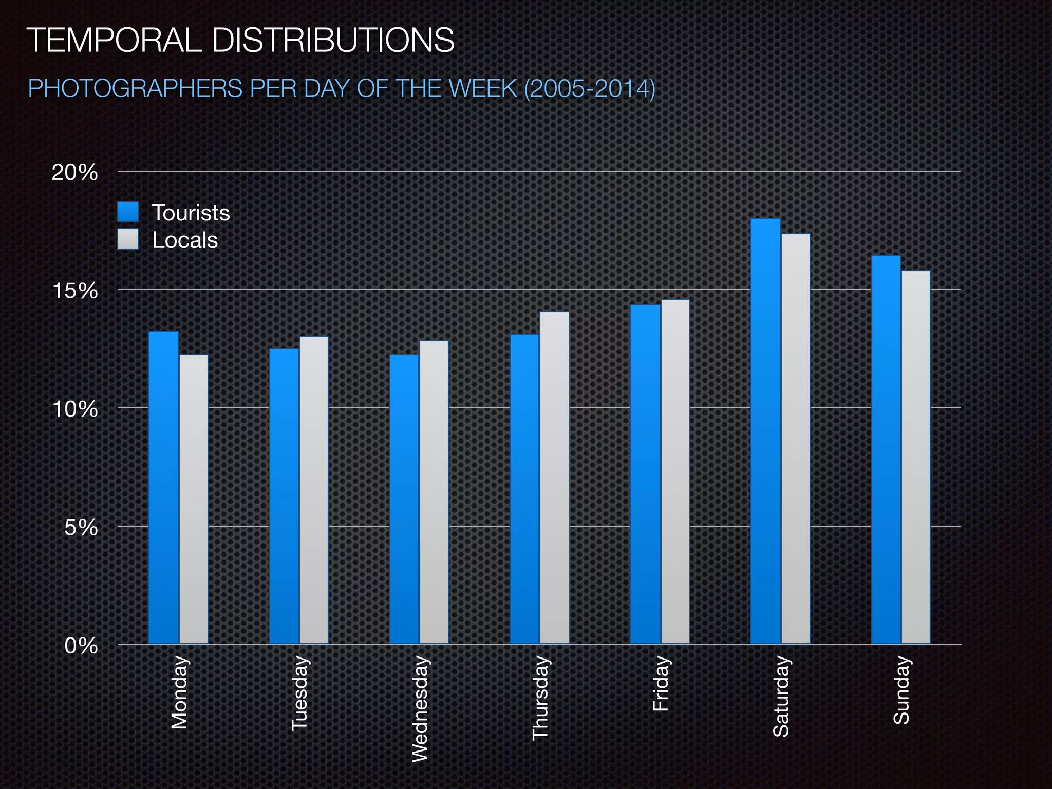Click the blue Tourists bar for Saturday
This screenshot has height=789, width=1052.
click(x=765, y=431)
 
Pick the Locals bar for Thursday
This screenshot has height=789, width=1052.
click(x=554, y=478)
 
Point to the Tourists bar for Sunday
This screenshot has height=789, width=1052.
click(x=886, y=449)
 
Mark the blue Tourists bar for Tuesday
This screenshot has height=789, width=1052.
click(x=284, y=496)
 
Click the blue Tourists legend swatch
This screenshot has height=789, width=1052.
click(x=128, y=212)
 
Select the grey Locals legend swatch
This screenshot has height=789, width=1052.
click(x=128, y=239)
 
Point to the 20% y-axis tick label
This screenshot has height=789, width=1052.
click(x=75, y=173)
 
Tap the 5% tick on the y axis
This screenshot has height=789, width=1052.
click(x=81, y=528)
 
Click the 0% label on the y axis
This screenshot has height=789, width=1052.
click(x=81, y=646)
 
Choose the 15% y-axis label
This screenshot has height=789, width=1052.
click(x=75, y=291)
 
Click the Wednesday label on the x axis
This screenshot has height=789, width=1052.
click(x=420, y=709)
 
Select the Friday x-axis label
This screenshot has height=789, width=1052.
click(x=661, y=684)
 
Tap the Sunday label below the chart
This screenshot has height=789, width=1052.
click(x=901, y=690)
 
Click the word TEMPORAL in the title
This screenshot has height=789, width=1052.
click(x=114, y=40)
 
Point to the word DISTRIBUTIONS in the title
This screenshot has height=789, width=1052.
click(x=333, y=40)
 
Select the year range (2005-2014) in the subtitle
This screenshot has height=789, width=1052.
click(x=590, y=88)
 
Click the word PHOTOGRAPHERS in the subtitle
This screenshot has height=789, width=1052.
click(x=135, y=88)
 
